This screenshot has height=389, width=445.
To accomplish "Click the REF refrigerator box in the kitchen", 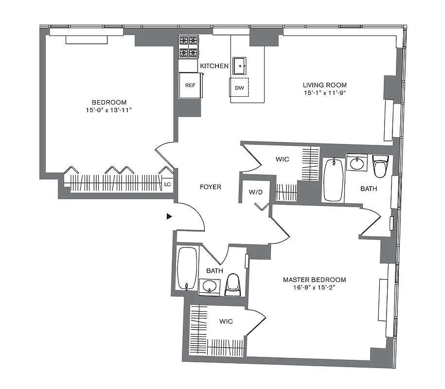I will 190,85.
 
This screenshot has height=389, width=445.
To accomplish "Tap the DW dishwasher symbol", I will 239,88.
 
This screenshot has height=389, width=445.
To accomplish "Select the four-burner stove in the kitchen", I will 189,47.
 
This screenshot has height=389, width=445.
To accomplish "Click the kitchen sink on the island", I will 239,64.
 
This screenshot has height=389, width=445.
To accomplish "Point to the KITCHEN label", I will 214,66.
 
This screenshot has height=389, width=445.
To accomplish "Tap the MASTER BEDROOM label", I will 315,280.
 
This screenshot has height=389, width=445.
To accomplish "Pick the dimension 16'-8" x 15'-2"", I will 315,287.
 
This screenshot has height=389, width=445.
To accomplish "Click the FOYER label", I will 211,187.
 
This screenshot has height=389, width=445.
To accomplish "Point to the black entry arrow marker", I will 169,216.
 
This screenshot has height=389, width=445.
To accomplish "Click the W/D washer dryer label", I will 256,192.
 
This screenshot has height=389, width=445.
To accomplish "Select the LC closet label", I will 167,184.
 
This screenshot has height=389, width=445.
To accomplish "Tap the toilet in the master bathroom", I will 380,166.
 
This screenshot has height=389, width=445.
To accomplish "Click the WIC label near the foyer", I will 282,159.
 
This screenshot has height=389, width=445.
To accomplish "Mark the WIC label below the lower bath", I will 226,321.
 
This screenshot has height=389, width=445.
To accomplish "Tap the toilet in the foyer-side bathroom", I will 233,284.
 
